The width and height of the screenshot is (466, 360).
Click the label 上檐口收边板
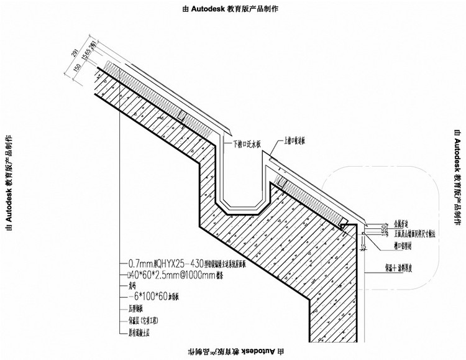pyautogui.click(x=295, y=141)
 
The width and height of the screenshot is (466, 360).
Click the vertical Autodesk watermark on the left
pyautogui.click(x=9, y=181)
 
